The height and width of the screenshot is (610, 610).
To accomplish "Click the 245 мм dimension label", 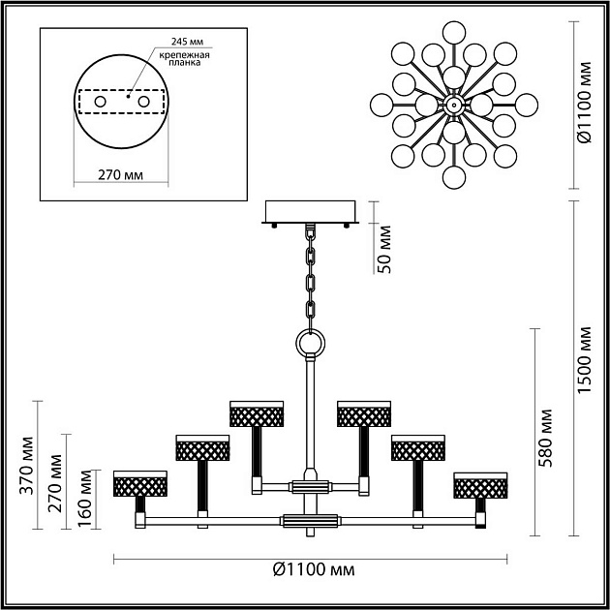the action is coord(188,42).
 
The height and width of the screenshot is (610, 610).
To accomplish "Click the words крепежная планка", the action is coord(184,58).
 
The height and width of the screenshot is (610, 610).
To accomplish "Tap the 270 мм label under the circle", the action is coord(121,175).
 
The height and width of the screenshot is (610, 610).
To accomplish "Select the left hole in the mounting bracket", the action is coord(100,102).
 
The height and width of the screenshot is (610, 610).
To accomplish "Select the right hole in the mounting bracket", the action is coord(143,102).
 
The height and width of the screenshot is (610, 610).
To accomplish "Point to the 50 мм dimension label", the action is coord(384,250).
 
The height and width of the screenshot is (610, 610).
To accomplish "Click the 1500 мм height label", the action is coord(584,360).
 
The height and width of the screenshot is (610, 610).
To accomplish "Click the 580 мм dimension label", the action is coord(546,438).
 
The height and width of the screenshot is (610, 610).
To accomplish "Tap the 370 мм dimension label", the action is coord(27,466).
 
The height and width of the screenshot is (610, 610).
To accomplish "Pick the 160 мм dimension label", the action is coord(84,499).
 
